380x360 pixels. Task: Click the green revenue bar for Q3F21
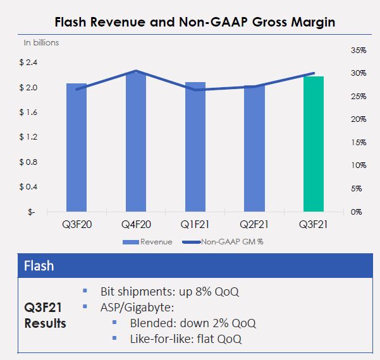pos(314,144)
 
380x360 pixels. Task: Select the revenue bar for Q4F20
pos(135,142)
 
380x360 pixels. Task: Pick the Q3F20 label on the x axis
pos(76,225)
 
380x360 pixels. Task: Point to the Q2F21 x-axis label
pos(254,225)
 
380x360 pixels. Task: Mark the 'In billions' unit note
pos(41,43)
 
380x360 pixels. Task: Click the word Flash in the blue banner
pos(39,266)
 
